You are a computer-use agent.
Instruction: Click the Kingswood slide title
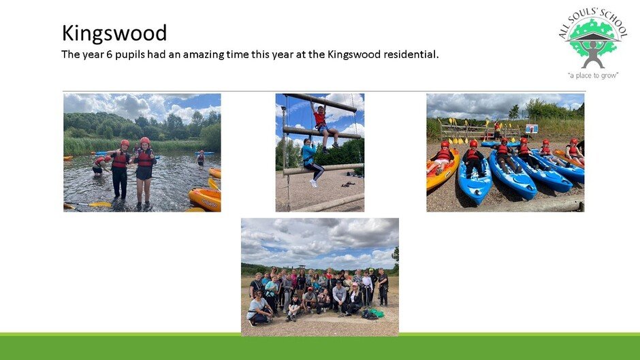pos(114,33)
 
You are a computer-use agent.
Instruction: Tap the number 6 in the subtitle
pos(109,54)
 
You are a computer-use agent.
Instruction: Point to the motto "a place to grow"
pos(592,76)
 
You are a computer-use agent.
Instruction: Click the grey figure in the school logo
pos(592,52)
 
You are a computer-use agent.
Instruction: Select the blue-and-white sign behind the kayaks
pos(532,129)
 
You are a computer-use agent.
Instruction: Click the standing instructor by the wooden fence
pos(497,129)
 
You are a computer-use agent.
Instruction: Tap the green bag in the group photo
pos(377,314)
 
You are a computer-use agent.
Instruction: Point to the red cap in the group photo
pos(310,289)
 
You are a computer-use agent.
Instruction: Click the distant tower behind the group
pos(301,267)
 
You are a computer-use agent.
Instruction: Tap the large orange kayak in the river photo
pos(205,198)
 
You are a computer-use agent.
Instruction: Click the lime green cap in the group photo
pos(371,271)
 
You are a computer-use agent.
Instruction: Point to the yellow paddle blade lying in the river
pos(100,204)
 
